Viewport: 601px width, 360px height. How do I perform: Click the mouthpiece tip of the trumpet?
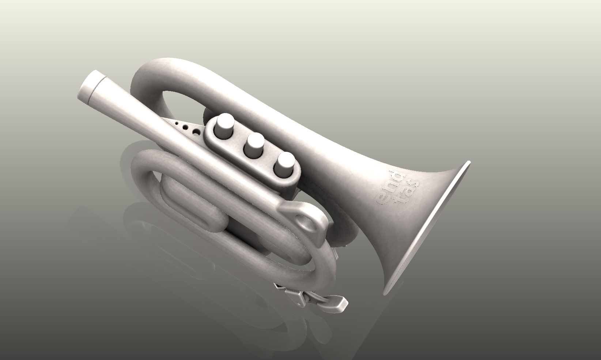[90, 87]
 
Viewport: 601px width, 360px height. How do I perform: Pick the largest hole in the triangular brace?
[196, 131]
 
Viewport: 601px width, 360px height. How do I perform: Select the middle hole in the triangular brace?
[186, 127]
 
